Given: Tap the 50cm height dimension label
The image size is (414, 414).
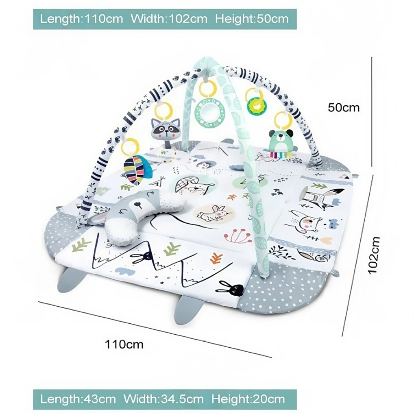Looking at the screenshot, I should click(344, 107).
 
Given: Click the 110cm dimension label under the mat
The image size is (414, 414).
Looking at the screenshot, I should click(124, 344).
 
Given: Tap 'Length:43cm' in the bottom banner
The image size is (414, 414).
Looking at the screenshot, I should click(78, 399).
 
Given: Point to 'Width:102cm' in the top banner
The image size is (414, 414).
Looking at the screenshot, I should click(169, 19).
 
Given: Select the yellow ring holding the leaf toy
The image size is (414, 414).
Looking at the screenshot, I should click(130, 146).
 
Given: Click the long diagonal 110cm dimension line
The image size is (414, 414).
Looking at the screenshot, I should click(155, 330).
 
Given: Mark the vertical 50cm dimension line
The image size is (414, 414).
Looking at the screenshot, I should click(372, 112).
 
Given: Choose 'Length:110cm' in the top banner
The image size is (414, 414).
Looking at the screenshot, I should click(81, 19).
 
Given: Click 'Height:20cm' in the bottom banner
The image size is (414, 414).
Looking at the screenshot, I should click(248, 399).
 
